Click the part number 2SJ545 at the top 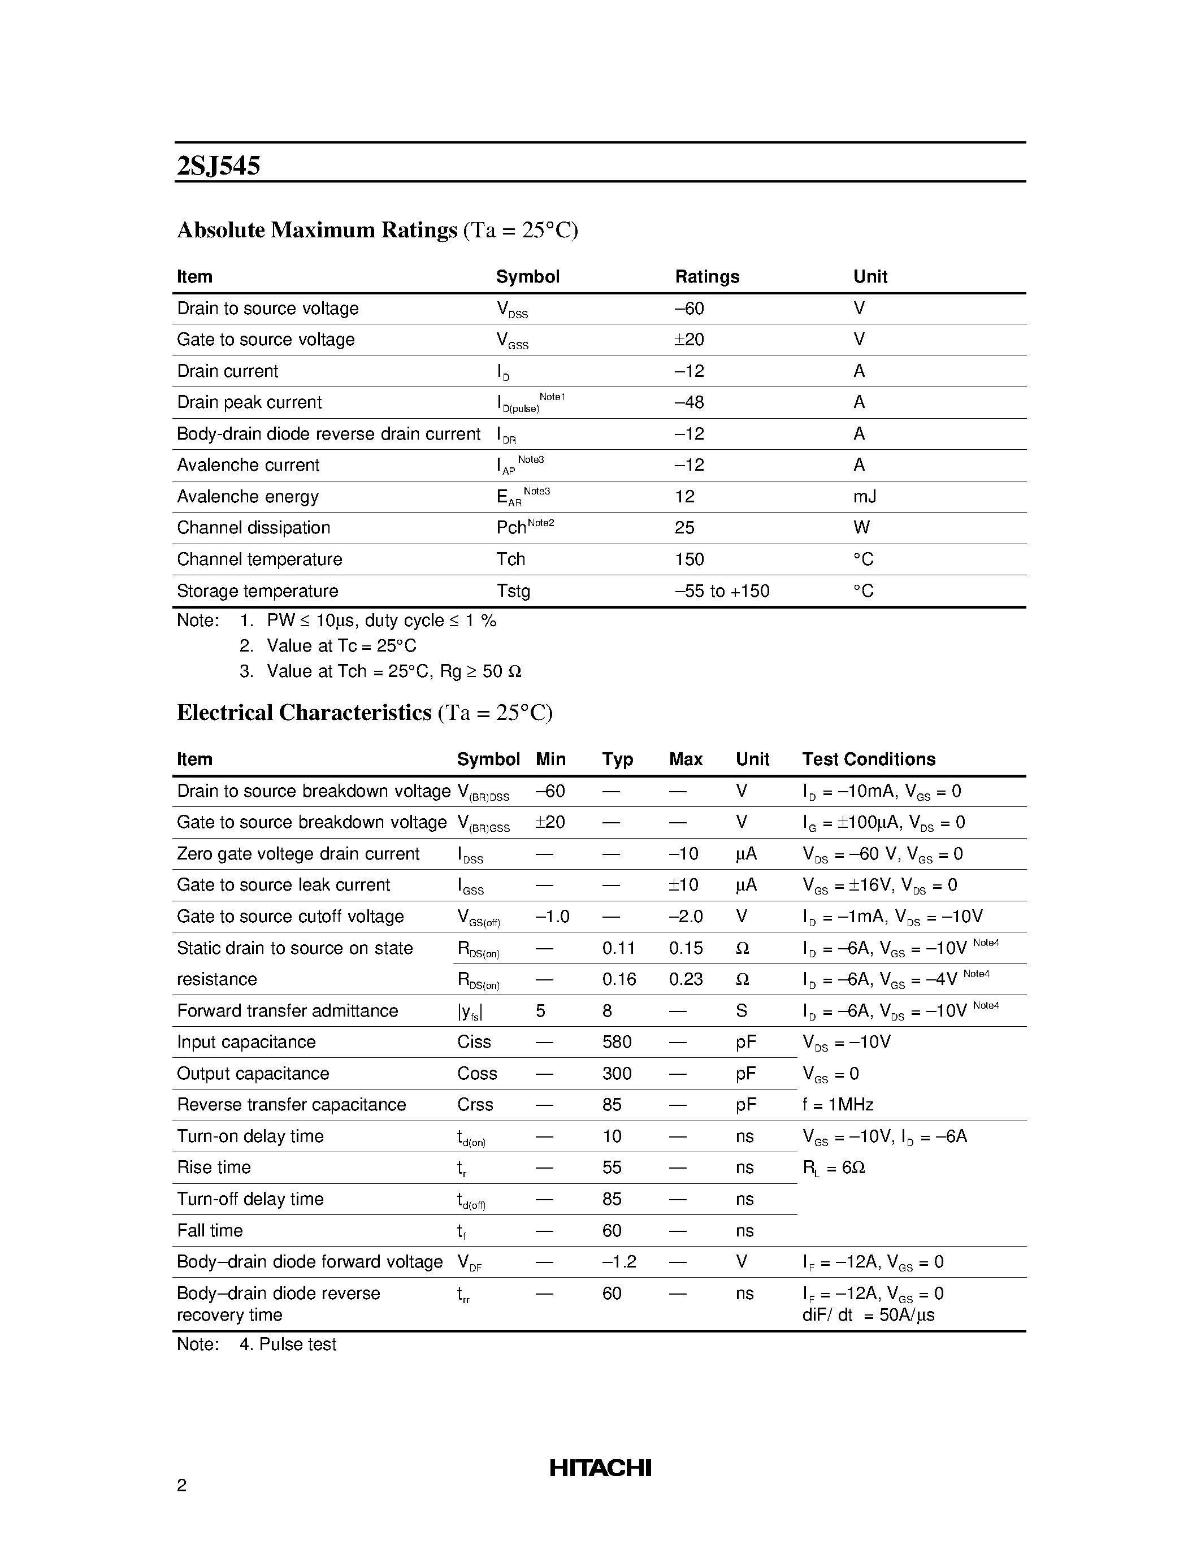[218, 166]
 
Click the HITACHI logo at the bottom [600, 1467]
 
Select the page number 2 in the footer [182, 1485]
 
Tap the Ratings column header [706, 277]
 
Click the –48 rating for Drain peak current [689, 403]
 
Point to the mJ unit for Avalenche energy [865, 497]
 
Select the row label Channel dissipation [253, 528]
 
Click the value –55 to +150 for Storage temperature [722, 591]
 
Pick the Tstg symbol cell [513, 591]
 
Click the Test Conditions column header [868, 759]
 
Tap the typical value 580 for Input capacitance [616, 1043]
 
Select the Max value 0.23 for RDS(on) [685, 980]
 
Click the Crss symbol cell [475, 1105]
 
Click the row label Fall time [210, 1231]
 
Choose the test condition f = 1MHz [838, 1105]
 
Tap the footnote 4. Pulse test [288, 1344]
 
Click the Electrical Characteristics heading [304, 713]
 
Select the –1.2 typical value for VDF [618, 1262]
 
